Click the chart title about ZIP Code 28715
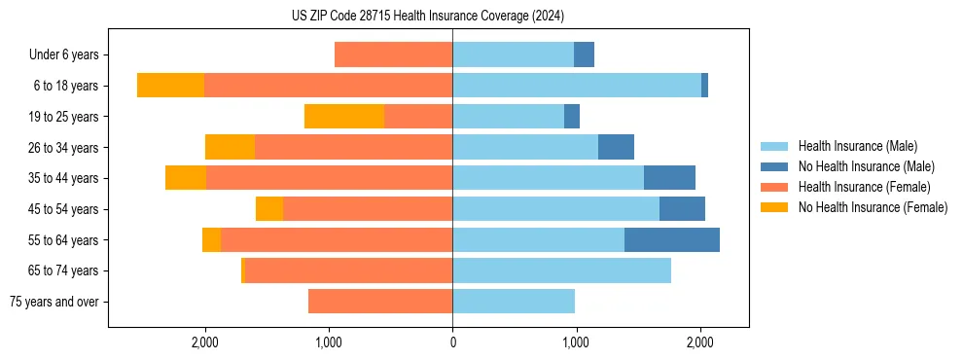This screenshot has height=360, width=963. (428, 17)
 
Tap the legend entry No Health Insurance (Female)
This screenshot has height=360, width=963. (873, 207)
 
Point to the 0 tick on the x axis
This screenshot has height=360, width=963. (452, 342)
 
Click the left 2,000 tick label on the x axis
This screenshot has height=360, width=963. (205, 342)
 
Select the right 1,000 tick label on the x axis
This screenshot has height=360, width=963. (576, 342)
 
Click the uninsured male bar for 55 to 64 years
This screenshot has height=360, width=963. (672, 239)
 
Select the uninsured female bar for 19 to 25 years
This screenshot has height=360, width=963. (344, 117)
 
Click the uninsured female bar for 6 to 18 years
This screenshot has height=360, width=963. (170, 86)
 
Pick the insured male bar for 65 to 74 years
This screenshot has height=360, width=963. (561, 270)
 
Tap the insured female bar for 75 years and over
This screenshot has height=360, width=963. (380, 302)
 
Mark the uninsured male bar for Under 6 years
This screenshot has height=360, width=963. (584, 54)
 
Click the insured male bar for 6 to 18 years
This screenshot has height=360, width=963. (577, 86)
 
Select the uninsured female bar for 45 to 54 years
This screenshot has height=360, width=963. (269, 209)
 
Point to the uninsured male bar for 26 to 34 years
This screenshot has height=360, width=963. (616, 147)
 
